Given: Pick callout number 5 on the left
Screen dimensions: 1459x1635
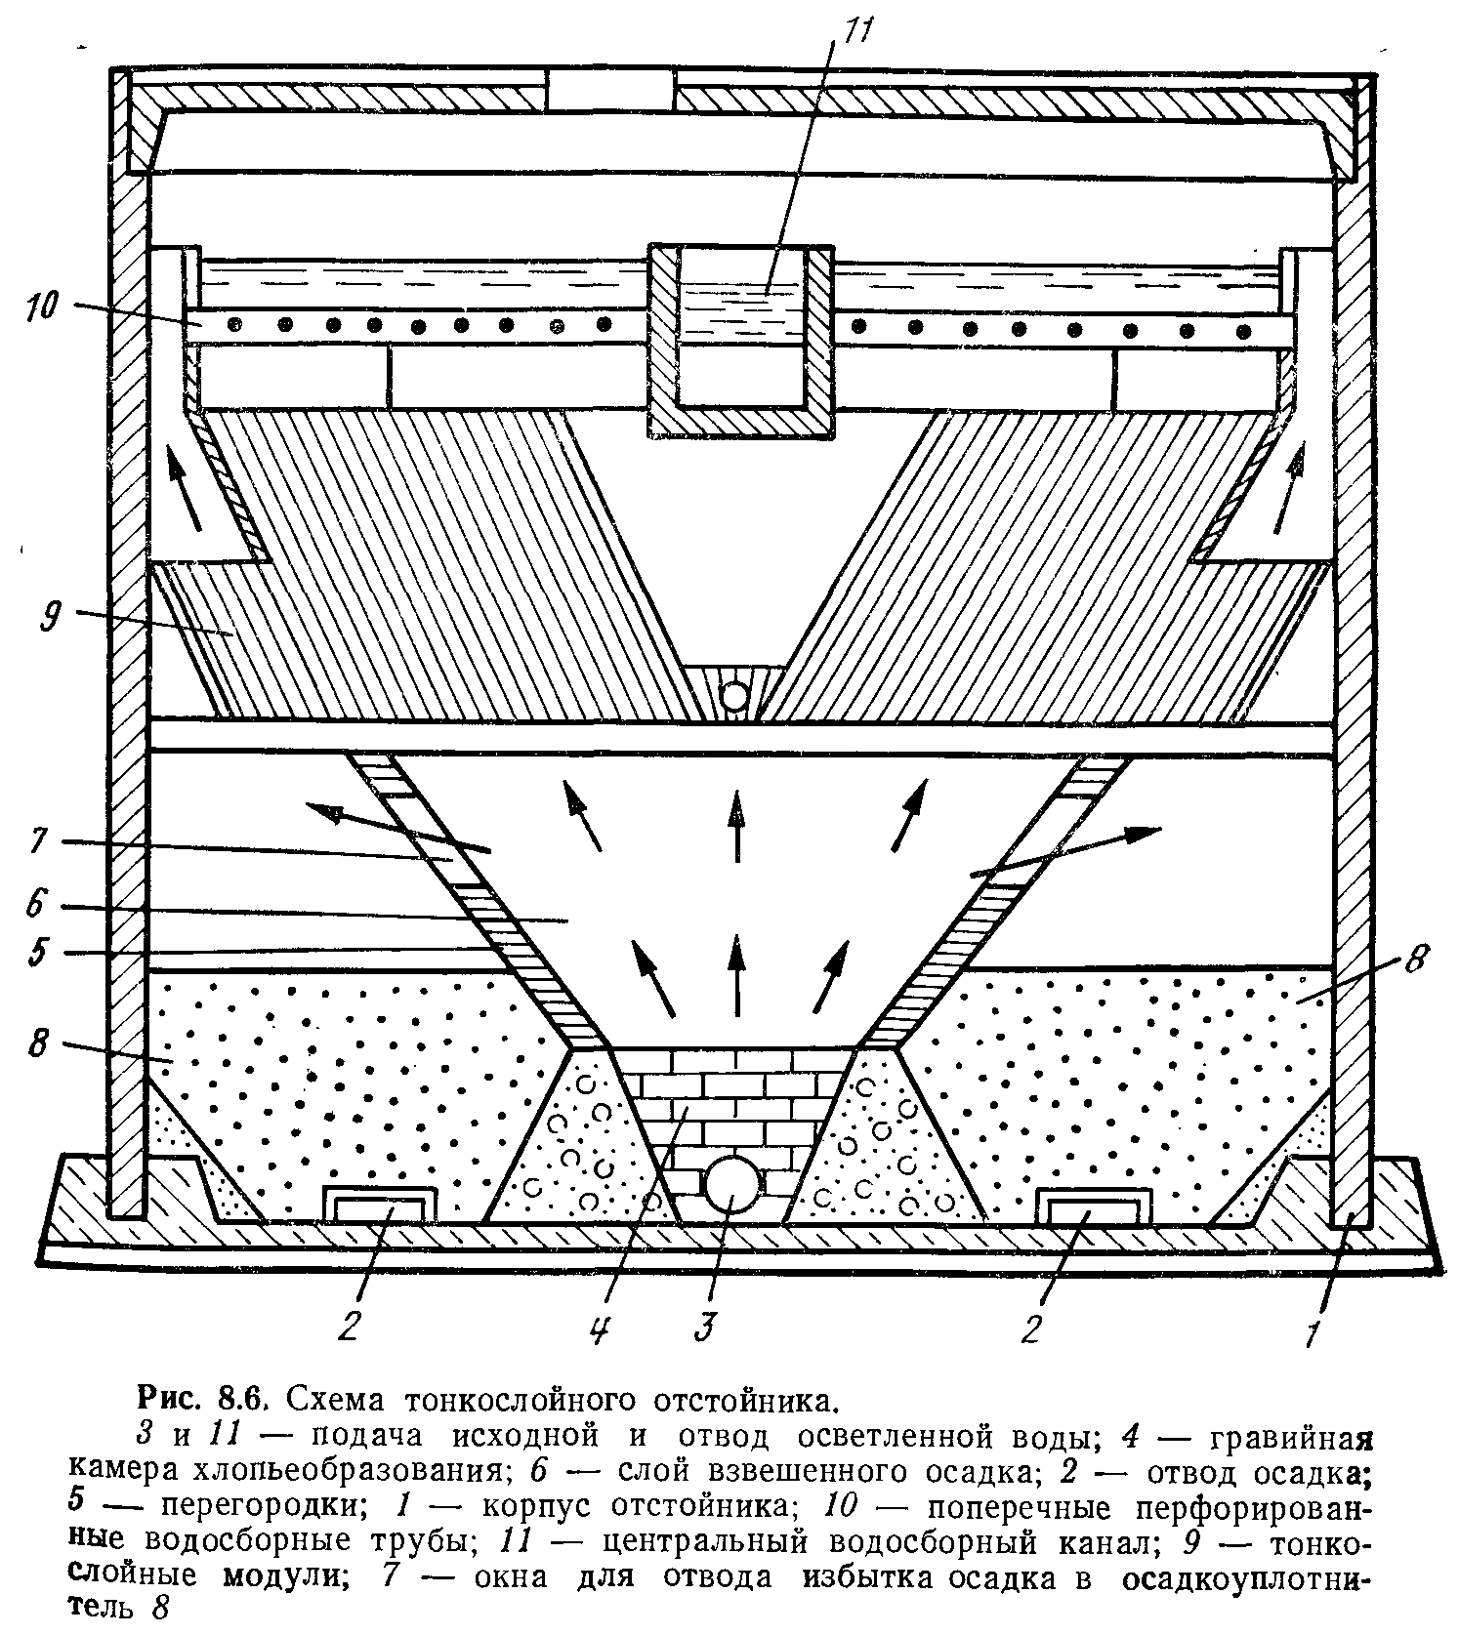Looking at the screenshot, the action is [38, 953].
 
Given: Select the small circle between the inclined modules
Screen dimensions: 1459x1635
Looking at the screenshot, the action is [732, 695].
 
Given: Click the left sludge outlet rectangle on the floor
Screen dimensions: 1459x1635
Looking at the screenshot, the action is [380, 1206].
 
